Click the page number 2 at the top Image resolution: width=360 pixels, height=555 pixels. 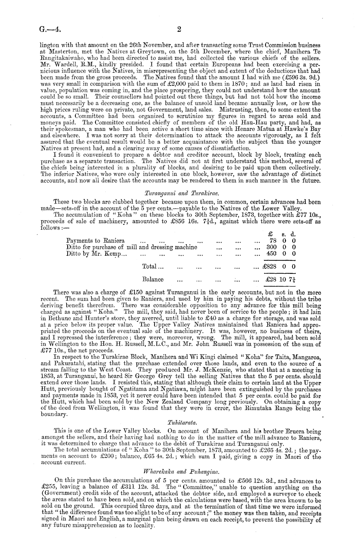180,29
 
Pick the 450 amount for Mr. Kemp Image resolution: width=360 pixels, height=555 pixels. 279,254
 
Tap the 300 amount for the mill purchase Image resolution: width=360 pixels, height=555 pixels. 279,247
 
